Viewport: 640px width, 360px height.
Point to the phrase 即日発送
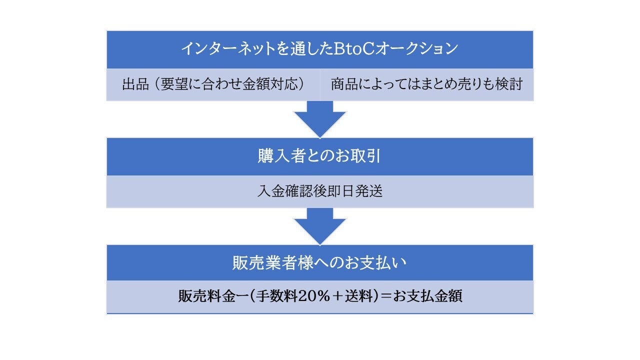click(x=357, y=191)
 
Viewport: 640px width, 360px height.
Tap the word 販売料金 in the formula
click(x=203, y=296)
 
